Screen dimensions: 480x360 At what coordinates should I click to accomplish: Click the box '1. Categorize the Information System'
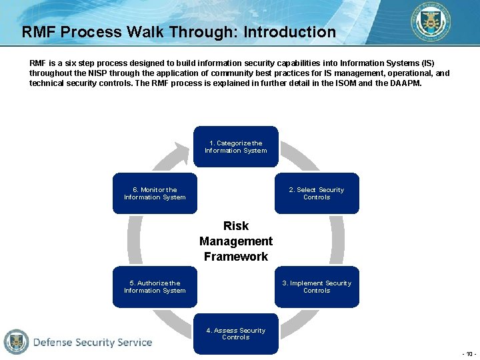(235, 147)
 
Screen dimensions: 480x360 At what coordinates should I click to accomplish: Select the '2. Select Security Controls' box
(316, 193)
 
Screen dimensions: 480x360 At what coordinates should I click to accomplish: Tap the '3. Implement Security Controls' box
(316, 287)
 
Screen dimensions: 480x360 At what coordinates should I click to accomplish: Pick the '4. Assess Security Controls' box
(235, 333)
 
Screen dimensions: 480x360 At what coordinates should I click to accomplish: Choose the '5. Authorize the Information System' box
(155, 287)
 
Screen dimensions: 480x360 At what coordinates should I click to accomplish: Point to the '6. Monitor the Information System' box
(155, 193)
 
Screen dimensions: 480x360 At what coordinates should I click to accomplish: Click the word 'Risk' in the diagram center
(236, 226)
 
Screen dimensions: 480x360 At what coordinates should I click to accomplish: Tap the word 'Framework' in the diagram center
(236, 257)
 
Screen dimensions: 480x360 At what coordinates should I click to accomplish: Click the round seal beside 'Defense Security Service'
(16, 341)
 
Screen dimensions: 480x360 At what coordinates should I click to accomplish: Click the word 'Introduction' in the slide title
(289, 32)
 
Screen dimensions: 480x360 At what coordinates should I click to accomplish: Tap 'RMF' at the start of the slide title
(39, 32)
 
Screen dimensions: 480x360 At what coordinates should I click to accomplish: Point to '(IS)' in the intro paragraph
(425, 63)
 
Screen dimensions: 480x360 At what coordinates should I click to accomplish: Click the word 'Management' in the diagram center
(236, 241)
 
